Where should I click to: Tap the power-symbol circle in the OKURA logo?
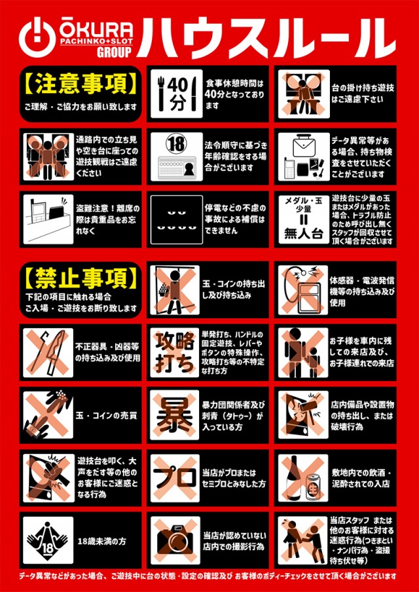pos(37,37)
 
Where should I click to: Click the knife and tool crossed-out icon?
pos(47,352)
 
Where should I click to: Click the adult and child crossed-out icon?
pos(303,352)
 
